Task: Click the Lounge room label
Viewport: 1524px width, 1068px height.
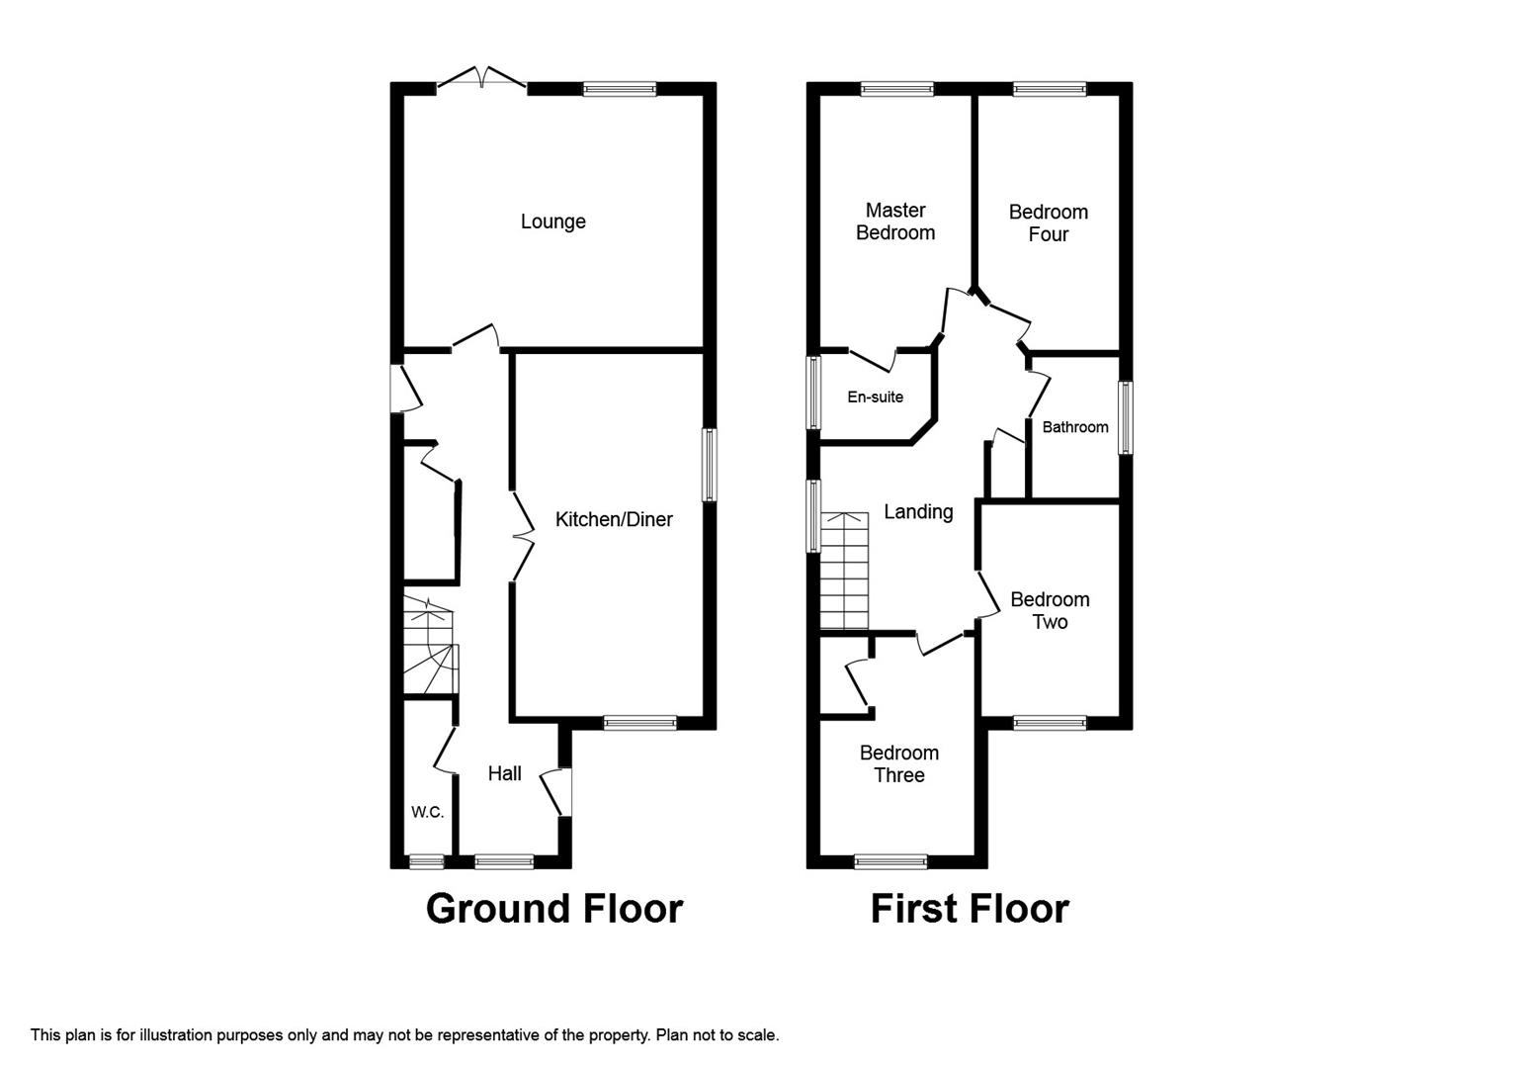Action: coord(553,222)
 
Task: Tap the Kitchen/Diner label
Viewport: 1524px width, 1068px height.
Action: coord(614,519)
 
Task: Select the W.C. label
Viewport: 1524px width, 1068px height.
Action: coord(427,812)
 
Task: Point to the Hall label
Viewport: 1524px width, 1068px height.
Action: coord(505,773)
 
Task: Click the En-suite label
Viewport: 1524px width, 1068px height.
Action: coord(875,397)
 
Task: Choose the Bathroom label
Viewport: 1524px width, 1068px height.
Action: coord(1075,427)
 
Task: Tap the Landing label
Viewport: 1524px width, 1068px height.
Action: coord(918,512)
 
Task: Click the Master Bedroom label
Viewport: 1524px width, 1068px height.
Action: coord(895,222)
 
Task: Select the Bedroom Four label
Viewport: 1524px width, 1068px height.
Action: coord(1049,223)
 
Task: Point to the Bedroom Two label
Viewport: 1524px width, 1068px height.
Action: coord(1050,610)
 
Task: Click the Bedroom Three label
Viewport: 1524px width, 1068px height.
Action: coord(898,763)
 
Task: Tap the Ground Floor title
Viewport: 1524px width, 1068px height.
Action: coord(554,909)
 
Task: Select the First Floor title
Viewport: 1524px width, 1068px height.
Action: coord(970,909)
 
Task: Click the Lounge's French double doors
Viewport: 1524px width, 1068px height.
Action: coord(481,78)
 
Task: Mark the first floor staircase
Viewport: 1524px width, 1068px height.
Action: coord(844,572)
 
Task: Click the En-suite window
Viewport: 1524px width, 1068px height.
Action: coord(813,394)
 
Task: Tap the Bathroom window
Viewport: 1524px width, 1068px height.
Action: coord(1126,417)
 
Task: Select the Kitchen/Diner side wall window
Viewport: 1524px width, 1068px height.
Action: coord(710,464)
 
